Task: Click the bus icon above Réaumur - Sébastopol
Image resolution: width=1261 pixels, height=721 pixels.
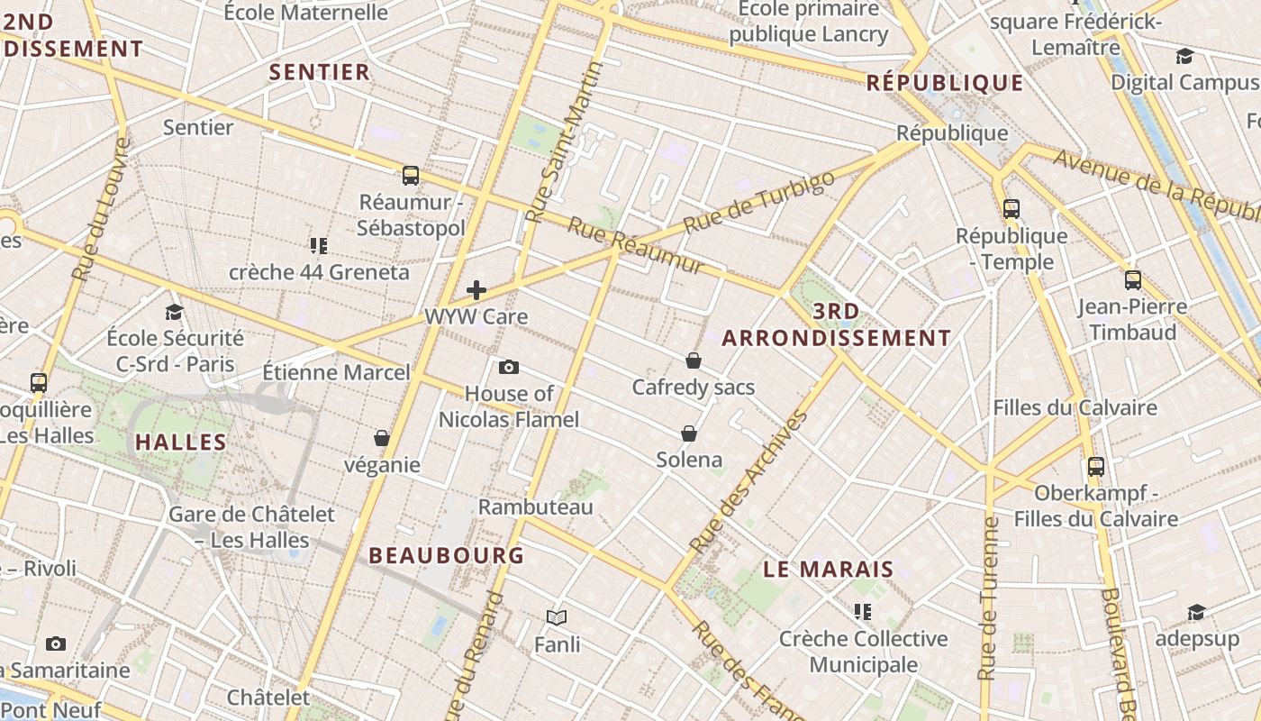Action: coord(411,175)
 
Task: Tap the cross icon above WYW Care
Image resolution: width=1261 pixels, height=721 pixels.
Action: coord(476,290)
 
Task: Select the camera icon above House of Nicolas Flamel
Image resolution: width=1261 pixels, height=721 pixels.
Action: coord(509,367)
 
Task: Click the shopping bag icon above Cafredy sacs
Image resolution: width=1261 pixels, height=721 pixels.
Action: coord(694,360)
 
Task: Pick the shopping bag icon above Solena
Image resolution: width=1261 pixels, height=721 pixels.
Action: coord(689,434)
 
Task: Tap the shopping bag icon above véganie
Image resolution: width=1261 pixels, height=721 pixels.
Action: coord(382,438)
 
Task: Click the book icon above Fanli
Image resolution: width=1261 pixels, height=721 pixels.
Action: coord(557,617)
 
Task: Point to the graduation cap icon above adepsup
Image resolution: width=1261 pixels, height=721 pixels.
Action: coord(1195,613)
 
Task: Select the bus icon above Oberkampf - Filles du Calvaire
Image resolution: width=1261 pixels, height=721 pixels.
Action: coord(1096,467)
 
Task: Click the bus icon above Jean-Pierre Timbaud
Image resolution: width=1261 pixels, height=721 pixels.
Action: coord(1133,279)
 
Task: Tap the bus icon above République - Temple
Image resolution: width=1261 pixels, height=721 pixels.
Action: coord(1012,209)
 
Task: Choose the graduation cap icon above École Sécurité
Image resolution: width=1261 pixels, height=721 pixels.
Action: coord(175,312)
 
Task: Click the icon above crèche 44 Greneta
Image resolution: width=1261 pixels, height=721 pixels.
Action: coord(318,245)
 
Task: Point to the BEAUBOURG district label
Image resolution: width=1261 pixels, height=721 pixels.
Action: coord(447,555)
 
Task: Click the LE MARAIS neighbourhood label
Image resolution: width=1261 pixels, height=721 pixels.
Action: coord(829,570)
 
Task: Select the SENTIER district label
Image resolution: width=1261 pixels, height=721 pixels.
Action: coord(320,72)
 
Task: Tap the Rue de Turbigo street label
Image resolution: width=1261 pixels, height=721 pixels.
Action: coord(759,202)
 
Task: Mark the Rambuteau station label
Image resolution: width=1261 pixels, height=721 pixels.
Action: coord(535,507)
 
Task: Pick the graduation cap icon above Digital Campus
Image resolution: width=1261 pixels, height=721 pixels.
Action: coord(1184,57)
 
